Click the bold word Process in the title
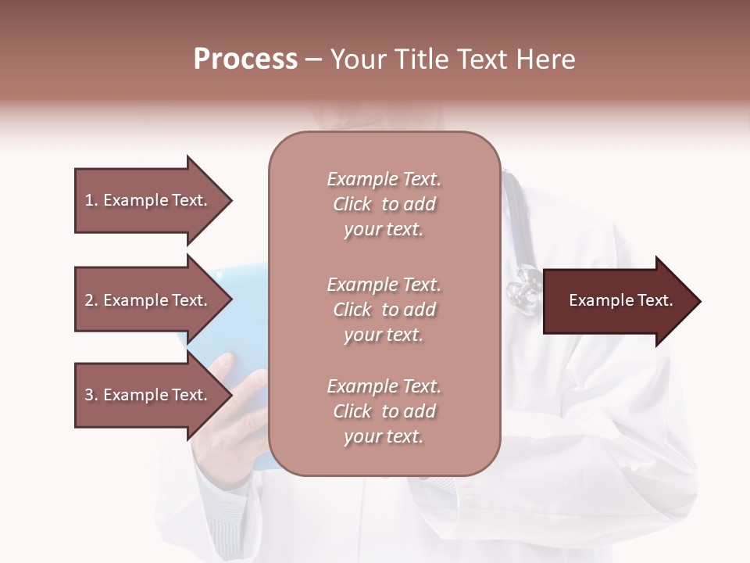[245, 59]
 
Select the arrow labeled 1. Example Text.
[152, 200]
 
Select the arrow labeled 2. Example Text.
[152, 300]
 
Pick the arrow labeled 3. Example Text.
[152, 395]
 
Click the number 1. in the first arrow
[91, 200]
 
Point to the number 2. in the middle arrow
[91, 300]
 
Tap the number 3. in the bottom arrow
[91, 395]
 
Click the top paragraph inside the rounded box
[384, 204]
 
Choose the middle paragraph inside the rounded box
[384, 310]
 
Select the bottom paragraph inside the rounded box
[384, 411]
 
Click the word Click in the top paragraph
[352, 204]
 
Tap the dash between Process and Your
[313, 60]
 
